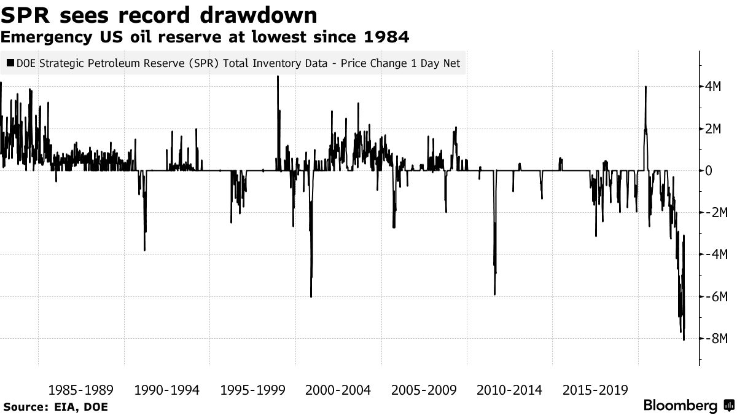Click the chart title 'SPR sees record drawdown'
[x=159, y=15]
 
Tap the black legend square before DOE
[x=10, y=63]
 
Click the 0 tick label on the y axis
[x=709, y=171]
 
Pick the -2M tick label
[x=715, y=213]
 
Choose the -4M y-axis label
[x=715, y=255]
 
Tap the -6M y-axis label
[x=715, y=297]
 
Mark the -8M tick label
[x=715, y=339]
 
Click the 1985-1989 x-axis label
[x=80, y=390]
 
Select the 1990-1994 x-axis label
[x=166, y=390]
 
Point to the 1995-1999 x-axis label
[x=252, y=390]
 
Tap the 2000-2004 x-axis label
[x=337, y=390]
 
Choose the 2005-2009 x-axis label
[x=423, y=390]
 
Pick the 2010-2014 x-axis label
[x=509, y=390]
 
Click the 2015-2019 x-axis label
[x=595, y=390]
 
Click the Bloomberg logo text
[x=680, y=406]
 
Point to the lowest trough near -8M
[x=684, y=339]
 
